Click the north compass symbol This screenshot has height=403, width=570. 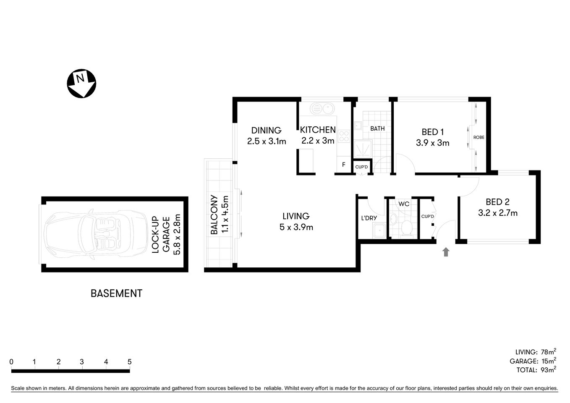[81, 83]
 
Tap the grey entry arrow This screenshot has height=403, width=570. [446, 252]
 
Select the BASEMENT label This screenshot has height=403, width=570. [116, 293]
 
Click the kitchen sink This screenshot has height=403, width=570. [322, 109]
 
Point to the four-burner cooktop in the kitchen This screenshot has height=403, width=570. [344, 136]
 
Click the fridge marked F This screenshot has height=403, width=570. [343, 165]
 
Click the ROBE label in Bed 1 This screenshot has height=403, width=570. [478, 137]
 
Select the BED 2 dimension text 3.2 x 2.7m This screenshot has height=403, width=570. [497, 213]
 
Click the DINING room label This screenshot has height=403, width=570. [266, 131]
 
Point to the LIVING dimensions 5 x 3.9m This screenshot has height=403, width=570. [295, 228]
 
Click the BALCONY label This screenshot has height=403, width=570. [214, 215]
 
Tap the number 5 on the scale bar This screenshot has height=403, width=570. [129, 362]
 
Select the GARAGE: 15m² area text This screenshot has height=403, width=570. [533, 361]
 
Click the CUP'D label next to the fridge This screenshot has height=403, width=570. [361, 167]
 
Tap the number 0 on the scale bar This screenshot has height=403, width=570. [11, 362]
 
